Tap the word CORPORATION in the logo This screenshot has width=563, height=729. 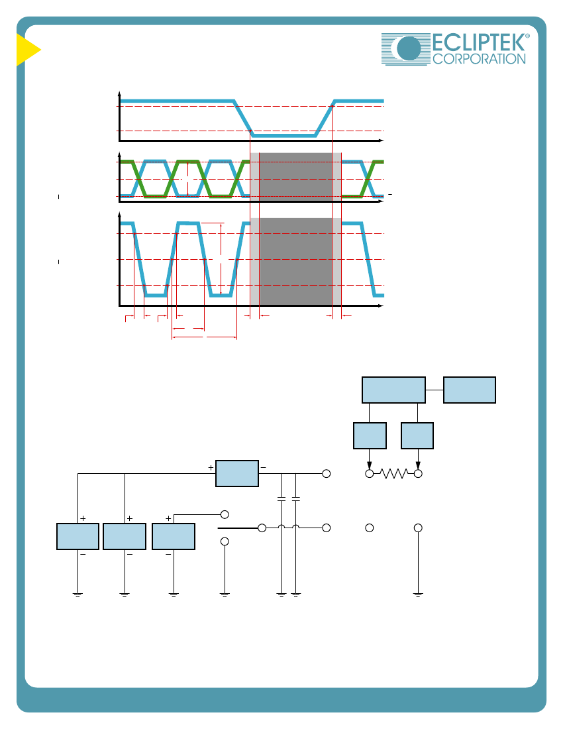[479, 59]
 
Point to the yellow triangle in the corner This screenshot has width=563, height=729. [27, 50]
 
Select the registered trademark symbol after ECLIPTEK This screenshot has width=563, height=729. [527, 37]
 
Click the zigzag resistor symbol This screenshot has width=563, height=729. [394, 474]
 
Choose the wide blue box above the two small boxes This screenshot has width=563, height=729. [393, 390]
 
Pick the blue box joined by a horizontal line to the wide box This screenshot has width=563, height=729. [469, 390]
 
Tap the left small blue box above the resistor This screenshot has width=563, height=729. [370, 435]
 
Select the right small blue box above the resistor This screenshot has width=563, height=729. [417, 435]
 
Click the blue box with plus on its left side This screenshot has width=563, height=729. [237, 473]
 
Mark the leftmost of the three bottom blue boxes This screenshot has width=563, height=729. [78, 536]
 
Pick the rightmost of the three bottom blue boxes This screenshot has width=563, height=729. [174, 536]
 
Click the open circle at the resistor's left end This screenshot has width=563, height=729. [370, 474]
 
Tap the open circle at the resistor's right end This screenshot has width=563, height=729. [418, 474]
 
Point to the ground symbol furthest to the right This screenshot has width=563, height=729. [418, 594]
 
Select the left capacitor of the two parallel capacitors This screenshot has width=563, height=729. [281, 497]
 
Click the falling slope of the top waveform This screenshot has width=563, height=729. [244, 118]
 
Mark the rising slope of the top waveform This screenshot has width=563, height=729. [325, 118]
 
